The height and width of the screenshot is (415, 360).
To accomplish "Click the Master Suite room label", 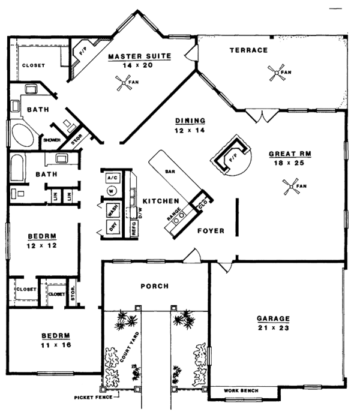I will pos(140,57).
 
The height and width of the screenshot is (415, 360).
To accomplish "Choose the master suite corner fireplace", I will pos(79,58).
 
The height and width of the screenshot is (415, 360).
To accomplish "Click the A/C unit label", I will pos(112,178).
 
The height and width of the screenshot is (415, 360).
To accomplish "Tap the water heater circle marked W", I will pos(111,191).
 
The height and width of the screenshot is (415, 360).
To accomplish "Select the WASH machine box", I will pos(111,210).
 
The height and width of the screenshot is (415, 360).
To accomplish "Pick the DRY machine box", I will pos(111,226).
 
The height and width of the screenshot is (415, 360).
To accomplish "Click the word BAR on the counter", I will pos(170,171).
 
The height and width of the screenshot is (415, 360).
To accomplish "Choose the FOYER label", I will pos(211,230).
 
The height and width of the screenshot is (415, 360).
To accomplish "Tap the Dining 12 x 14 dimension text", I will pos(191,130).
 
